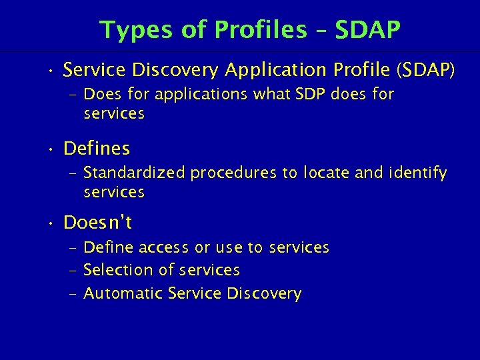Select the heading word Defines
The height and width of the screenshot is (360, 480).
(x=96, y=147)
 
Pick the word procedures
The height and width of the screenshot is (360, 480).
(x=233, y=173)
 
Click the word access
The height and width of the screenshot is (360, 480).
(x=163, y=248)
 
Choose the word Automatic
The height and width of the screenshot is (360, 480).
(x=124, y=293)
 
